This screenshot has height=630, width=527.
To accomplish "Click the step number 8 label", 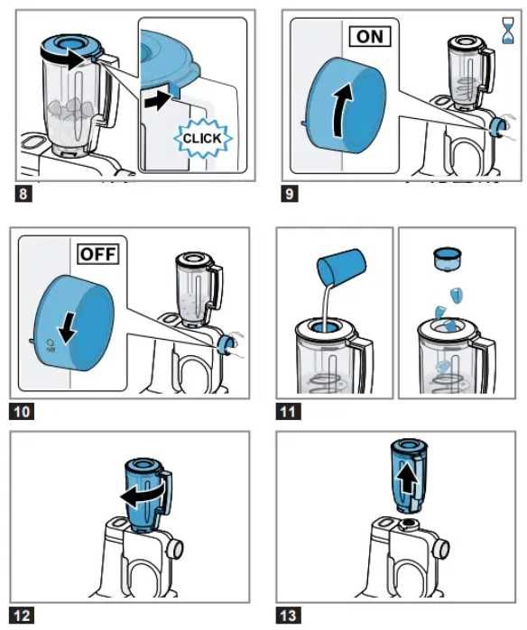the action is pos(23,194).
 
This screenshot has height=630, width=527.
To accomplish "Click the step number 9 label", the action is pos(290,194).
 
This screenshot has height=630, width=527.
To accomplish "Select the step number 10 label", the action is pos(22,412).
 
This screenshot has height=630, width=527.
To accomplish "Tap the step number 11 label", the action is pos(288,412).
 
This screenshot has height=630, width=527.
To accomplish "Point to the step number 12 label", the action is pos(22,616).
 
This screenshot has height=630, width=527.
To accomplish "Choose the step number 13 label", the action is pos(288,616).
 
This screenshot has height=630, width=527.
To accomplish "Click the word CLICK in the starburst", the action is pos(202,139).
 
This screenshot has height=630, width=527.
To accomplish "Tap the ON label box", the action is pos(370,37).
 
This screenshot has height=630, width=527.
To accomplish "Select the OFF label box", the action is pos(98,254).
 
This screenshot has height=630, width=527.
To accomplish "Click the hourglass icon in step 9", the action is pos(508,31).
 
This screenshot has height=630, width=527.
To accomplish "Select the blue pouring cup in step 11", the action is pos(341,266).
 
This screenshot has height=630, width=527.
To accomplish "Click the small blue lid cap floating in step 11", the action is pos(447,260).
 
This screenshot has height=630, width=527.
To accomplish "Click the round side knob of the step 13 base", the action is pos(441,549).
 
